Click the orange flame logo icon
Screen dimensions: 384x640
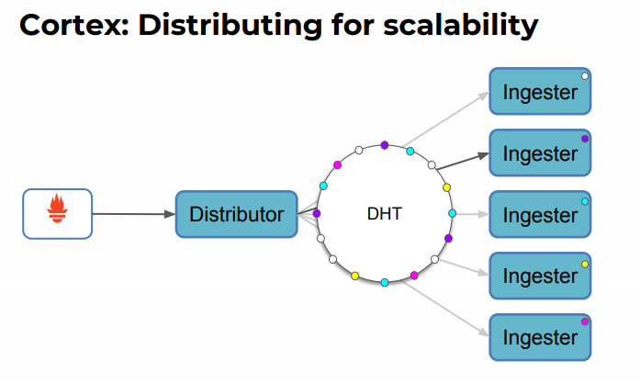(57, 213)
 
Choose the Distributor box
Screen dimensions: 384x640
(236, 214)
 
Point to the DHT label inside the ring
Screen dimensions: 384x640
(384, 214)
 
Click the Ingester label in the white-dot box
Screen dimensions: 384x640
(540, 92)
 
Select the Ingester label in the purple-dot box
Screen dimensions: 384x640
(540, 153)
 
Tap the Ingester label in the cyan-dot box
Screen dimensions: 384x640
(540, 215)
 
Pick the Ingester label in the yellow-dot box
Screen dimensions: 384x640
(540, 276)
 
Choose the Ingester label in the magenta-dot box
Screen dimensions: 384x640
(540, 337)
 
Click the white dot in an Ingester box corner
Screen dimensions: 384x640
(585, 76)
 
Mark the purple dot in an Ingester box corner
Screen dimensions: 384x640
(585, 138)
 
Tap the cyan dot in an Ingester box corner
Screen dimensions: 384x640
(585, 200)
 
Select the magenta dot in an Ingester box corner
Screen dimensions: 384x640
(585, 322)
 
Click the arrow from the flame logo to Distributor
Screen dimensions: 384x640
(133, 214)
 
